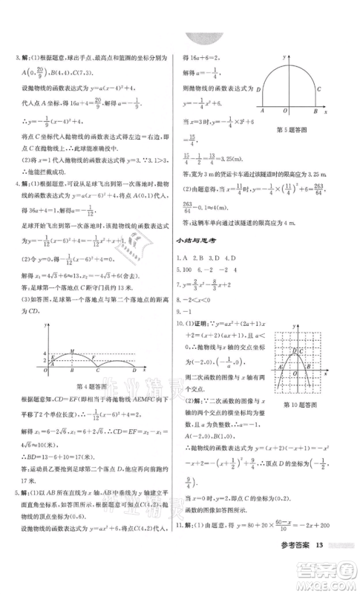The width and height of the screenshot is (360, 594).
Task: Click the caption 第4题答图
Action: click(92, 385)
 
